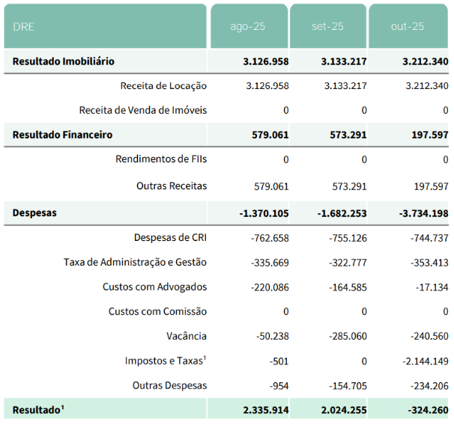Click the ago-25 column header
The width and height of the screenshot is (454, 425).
point(248,26)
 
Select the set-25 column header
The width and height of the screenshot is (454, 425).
point(327,26)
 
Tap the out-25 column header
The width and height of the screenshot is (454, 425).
point(408,26)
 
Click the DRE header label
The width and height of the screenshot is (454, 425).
point(24,26)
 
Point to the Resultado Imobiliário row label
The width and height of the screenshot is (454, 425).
point(63,61)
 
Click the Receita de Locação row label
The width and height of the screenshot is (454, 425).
point(163,86)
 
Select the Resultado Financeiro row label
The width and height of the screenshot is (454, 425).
point(62,135)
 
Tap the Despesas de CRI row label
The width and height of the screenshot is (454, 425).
point(170,238)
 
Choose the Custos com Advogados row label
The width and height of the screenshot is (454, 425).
point(154,287)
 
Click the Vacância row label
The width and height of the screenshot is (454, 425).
point(187,336)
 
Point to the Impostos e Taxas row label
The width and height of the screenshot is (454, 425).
point(166,361)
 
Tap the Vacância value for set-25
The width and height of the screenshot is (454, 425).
point(348,336)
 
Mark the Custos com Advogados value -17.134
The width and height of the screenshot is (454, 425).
point(429,287)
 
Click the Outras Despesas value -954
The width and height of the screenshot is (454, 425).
point(279,385)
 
